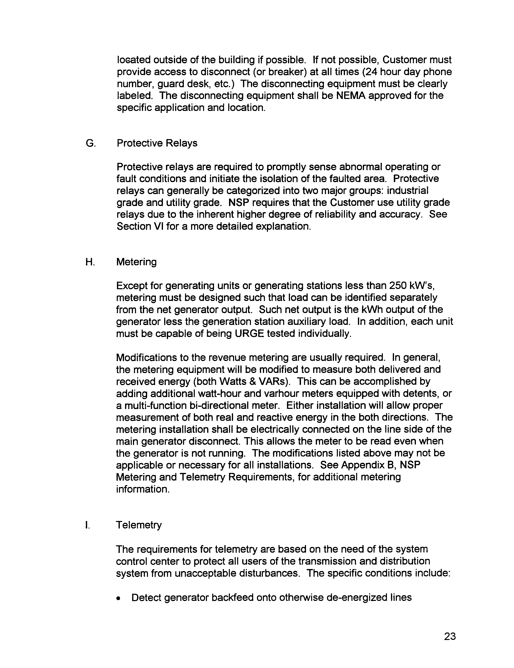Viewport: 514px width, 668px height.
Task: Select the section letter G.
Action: (90, 143)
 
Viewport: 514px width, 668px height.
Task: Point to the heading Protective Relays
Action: (157, 143)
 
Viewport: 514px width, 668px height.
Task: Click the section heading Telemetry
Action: (139, 525)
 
